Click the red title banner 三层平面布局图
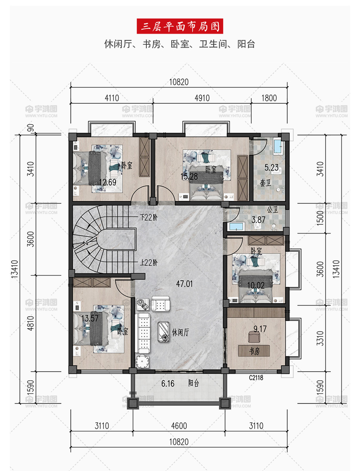[180, 26]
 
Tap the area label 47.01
[184, 283]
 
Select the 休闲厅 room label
[180, 332]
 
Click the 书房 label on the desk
[254, 351]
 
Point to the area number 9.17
[260, 329]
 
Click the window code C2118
[256, 378]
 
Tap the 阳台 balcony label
[193, 383]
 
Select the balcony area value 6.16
[168, 384]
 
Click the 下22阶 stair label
[149, 217]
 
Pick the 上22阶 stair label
[149, 262]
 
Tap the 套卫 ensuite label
[265, 182]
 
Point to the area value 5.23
[271, 167]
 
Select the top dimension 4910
[202, 98]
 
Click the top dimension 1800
[269, 98]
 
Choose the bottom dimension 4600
[179, 425]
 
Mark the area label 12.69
[108, 182]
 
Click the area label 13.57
[90, 318]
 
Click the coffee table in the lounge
[164, 332]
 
